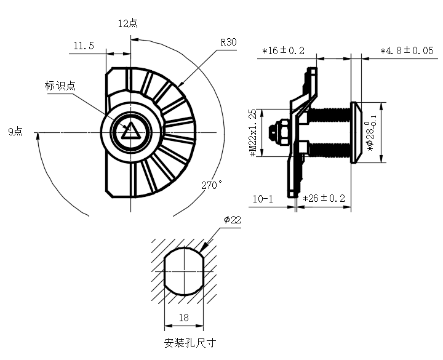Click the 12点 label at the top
tap(127, 23)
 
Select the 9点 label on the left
tap(15, 132)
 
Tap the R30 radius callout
tap(228, 42)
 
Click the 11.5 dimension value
tap(84, 46)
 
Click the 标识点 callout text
tap(60, 86)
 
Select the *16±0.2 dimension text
tap(284, 51)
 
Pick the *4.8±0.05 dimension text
tap(407, 50)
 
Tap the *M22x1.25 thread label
tap(252, 134)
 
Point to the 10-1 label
tap(263, 199)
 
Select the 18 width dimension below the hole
tap(183, 318)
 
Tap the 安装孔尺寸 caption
tap(191, 343)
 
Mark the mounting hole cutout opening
tap(183, 271)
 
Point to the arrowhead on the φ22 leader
tap(204, 249)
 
